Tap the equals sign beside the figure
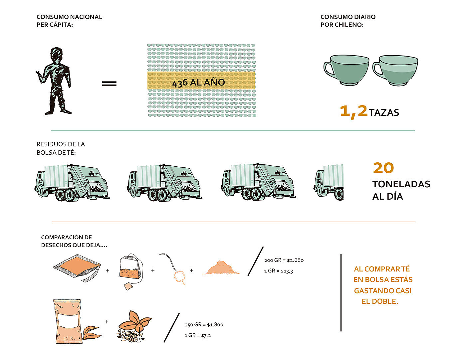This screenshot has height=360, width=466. (x=109, y=83)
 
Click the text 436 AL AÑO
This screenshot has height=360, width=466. (x=199, y=82)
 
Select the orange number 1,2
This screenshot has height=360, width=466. (x=353, y=111)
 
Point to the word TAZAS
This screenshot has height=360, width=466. (x=384, y=112)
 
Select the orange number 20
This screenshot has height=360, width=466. (x=383, y=168)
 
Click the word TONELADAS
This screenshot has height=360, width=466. (x=401, y=184)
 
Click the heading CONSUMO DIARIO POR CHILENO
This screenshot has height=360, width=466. (x=348, y=21)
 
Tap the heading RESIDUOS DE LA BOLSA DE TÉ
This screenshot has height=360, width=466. (x=61, y=148)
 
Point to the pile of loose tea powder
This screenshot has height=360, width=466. (x=221, y=268)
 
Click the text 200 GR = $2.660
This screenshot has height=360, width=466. (x=284, y=260)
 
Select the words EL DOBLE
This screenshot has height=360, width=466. (x=380, y=301)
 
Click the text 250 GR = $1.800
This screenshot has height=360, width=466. (x=204, y=324)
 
